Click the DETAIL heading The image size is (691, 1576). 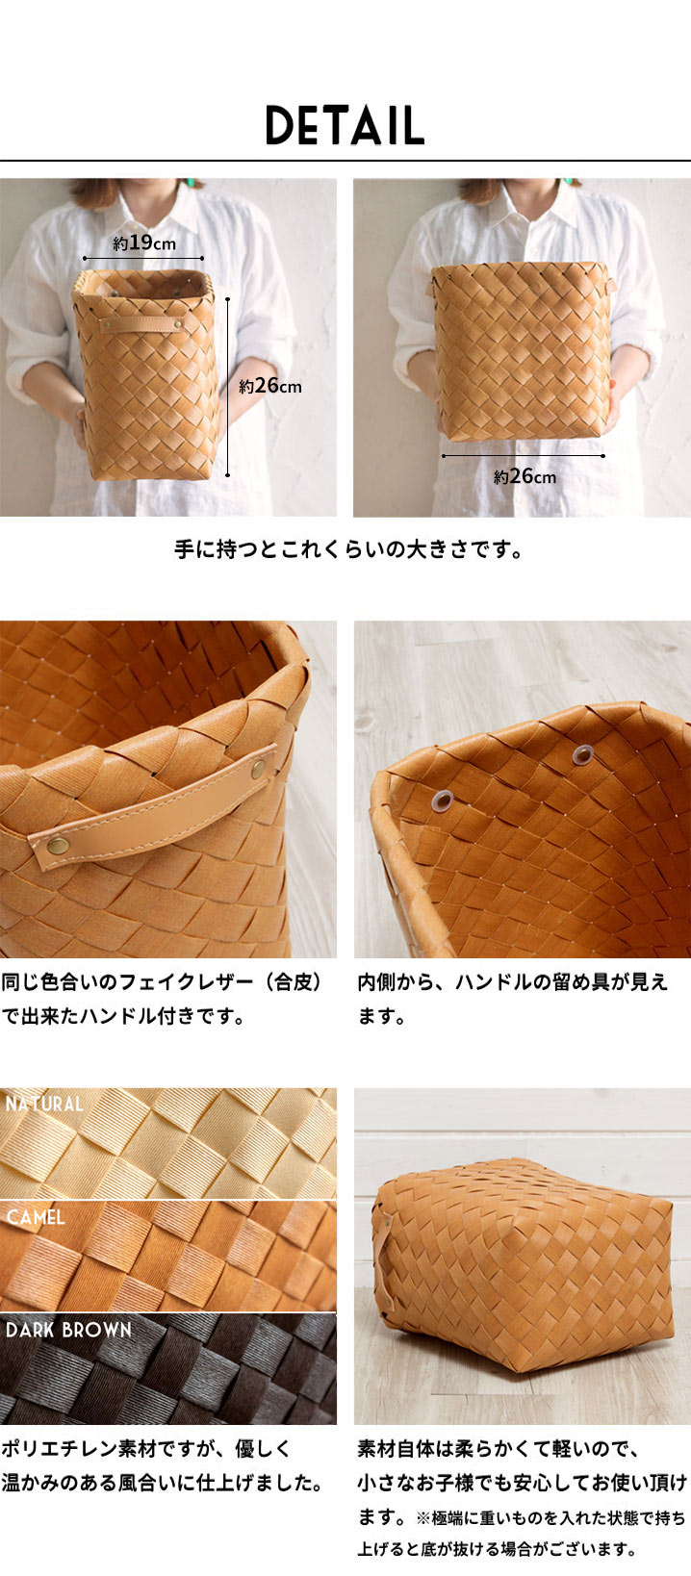coord(345,125)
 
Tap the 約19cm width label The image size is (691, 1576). coord(144,242)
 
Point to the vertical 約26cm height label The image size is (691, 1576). coord(270,386)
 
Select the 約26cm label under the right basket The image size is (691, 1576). coord(525,476)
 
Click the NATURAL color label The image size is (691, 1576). coord(44,1104)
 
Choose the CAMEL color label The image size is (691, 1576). coord(36,1217)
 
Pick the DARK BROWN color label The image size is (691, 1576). coord(68,1330)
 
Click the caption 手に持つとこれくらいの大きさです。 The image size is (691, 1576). coord(349,549)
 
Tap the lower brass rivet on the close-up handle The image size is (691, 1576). coord(59,845)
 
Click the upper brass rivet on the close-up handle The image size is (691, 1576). coord(259,769)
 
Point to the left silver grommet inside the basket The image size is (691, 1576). coord(443,800)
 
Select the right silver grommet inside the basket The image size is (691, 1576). coord(582,755)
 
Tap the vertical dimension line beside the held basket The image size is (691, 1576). coord(227,387)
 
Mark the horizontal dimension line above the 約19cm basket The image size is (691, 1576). coord(143,258)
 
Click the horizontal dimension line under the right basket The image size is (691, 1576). coord(524,456)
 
